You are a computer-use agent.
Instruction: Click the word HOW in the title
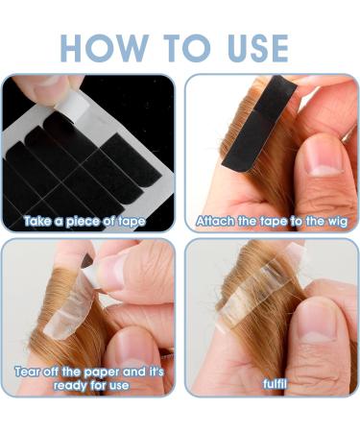pos(105,48)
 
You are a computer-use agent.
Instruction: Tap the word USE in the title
pos(258,48)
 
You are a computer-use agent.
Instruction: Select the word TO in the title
pos(187,48)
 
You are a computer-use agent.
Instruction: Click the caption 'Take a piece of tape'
pos(84,222)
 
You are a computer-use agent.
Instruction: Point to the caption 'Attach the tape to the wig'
pos(272,222)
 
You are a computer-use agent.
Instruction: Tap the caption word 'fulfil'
pos(275,384)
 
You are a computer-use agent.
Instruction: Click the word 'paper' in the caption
pos(102,372)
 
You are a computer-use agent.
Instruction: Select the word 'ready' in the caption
pos(70,386)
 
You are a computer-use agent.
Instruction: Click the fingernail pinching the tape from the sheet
pos(49,81)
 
